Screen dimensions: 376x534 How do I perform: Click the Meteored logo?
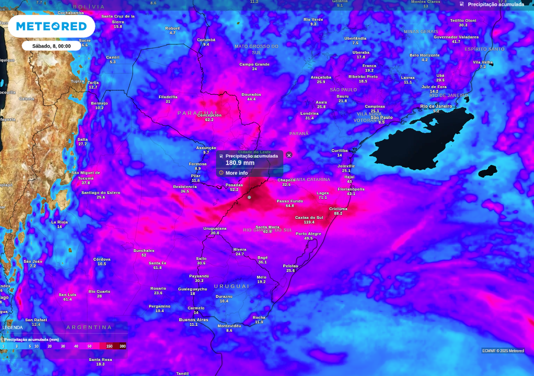pyautogui.click(x=51, y=26)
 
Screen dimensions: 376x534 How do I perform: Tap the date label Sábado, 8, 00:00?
pyautogui.click(x=51, y=46)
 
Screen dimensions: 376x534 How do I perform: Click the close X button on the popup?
pyautogui.click(x=289, y=155)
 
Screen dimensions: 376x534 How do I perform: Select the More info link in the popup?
pyautogui.click(x=236, y=173)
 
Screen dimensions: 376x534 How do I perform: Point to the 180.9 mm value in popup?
pyautogui.click(x=240, y=163)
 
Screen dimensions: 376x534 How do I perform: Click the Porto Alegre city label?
pyautogui.click(x=308, y=233)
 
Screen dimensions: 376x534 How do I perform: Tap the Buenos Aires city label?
pyautogui.click(x=193, y=320)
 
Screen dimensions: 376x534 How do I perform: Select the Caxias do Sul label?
pyautogui.click(x=309, y=217)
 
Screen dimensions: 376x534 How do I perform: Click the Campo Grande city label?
pyautogui.click(x=254, y=64)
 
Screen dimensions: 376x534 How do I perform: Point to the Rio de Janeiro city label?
pyautogui.click(x=436, y=106)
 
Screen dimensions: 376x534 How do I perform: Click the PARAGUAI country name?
pyautogui.click(x=198, y=113)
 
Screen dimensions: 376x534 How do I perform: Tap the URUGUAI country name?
pyautogui.click(x=232, y=286)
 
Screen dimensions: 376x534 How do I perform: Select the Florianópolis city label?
pyautogui.click(x=351, y=189)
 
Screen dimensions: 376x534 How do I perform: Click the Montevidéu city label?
pyautogui.click(x=229, y=325)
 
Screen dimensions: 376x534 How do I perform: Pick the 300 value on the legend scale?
pyautogui.click(x=123, y=346)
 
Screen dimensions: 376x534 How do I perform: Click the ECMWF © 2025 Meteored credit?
pyautogui.click(x=503, y=351)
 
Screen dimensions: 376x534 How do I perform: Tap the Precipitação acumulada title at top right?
pyautogui.click(x=495, y=4)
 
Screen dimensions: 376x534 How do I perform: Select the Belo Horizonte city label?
pyautogui.click(x=424, y=55)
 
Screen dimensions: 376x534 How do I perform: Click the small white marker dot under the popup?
pyautogui.click(x=249, y=197)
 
